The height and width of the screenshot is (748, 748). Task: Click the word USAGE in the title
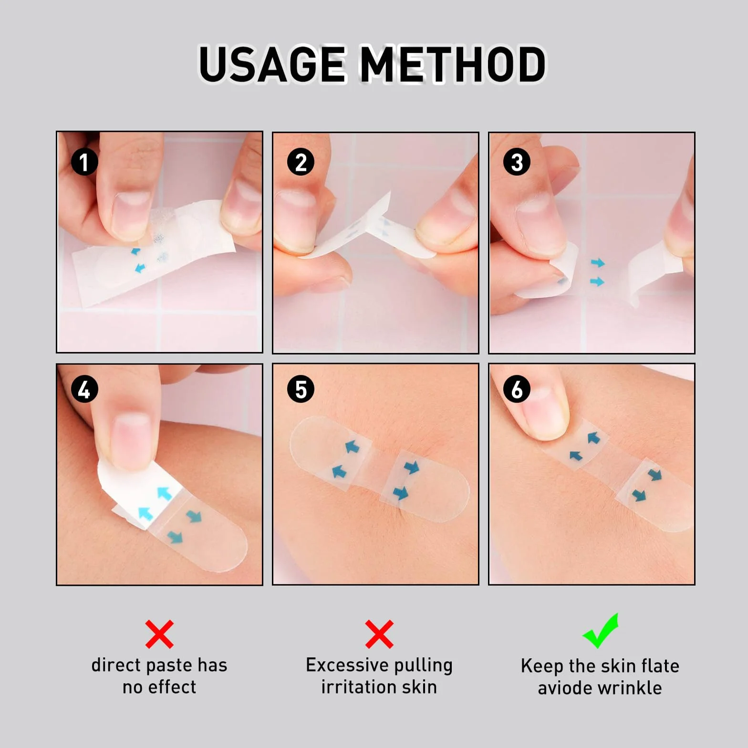272,64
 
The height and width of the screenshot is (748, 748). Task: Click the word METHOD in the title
453,64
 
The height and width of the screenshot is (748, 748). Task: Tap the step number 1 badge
84,162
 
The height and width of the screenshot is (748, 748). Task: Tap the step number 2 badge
301,162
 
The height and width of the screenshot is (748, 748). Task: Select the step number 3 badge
517,162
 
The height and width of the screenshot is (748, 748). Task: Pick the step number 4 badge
84,390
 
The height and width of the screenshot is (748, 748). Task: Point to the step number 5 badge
301,390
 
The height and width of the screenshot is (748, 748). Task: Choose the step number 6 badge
517,390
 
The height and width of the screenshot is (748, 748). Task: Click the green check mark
601,631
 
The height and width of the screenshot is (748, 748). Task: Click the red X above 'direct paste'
159,634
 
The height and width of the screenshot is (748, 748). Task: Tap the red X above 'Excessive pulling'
379,634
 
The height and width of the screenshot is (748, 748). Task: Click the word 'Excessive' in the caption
348,665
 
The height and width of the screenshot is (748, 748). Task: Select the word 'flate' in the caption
660,665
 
